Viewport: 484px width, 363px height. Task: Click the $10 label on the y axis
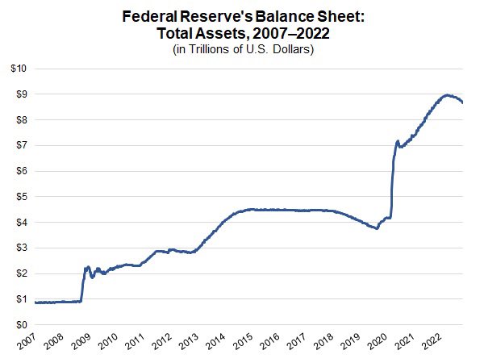point(19,69)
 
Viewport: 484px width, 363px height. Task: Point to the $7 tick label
point(21,145)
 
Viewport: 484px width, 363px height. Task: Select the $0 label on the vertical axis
point(21,324)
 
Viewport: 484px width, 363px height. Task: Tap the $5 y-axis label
point(21,197)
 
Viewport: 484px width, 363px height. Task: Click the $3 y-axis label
point(21,248)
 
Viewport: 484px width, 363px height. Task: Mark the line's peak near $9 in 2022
point(448,95)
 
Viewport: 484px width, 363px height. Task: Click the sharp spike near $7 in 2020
point(397,142)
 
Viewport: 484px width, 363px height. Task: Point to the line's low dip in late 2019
point(377,228)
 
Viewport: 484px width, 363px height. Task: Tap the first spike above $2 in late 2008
point(87,266)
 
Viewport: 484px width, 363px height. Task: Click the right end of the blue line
point(462,102)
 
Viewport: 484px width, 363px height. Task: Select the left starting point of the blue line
point(35,302)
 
